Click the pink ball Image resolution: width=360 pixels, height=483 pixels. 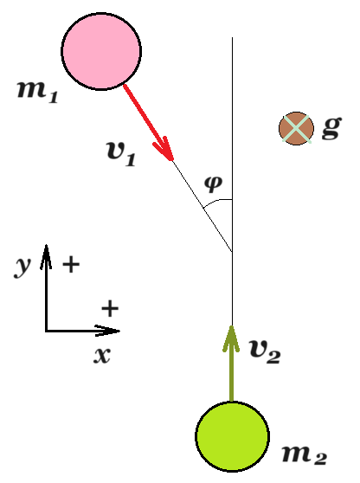[101, 51]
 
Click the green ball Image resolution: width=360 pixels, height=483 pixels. [233, 436]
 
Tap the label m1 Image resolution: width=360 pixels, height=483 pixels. [37, 92]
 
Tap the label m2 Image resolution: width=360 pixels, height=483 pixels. [305, 454]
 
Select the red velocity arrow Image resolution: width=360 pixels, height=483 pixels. [149, 122]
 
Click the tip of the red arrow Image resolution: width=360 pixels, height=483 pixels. [172, 160]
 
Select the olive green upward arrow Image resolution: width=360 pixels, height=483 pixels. [231, 364]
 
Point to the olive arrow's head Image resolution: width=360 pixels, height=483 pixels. [231, 326]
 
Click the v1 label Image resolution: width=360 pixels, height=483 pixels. [121, 154]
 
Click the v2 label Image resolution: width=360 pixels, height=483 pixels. [265, 351]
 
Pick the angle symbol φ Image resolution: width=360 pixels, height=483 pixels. [213, 184]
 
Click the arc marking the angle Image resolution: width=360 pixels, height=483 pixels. [216, 201]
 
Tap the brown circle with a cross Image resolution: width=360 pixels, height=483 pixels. [296, 128]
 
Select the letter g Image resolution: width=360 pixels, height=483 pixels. [332, 128]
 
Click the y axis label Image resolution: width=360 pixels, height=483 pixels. [22, 267]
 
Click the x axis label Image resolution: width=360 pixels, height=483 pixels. [102, 356]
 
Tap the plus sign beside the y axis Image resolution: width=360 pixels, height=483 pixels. [71, 264]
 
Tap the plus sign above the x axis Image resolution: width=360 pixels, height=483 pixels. [110, 308]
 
